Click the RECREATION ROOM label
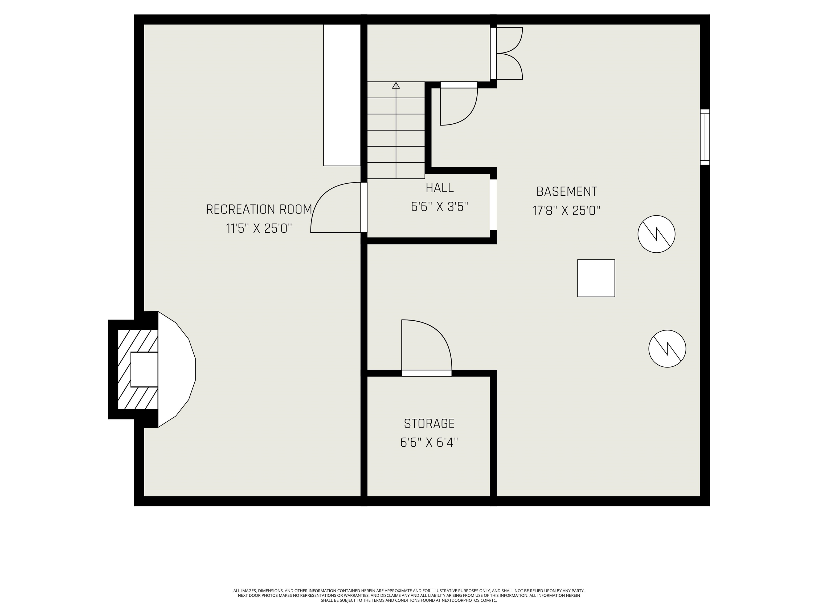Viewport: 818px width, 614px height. (259, 209)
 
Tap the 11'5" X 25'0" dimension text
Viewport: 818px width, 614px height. (259, 228)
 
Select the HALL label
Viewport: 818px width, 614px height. (439, 188)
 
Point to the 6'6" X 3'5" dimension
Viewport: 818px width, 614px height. (439, 207)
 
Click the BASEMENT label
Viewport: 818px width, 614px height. (567, 191)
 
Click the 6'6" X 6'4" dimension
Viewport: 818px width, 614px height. (429, 442)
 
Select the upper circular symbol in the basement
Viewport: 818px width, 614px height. (656, 234)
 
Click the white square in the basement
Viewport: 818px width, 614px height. (596, 278)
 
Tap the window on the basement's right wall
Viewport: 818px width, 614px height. (705, 137)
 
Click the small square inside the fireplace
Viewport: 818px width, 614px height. (144, 369)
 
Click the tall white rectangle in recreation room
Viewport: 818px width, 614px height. (342, 95)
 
